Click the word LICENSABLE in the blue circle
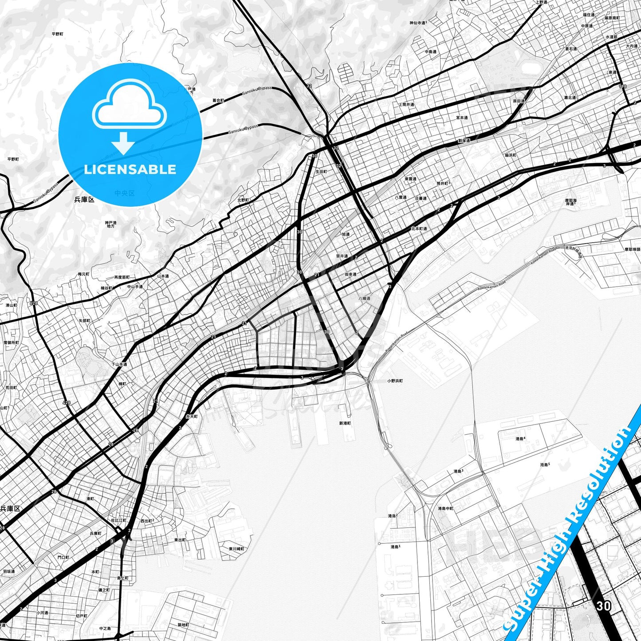pyautogui.click(x=130, y=169)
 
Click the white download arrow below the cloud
pyautogui.click(x=123, y=143)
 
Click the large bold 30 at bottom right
pyautogui.click(x=603, y=606)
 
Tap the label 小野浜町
pyautogui.click(x=395, y=381)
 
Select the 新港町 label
pyautogui.click(x=345, y=423)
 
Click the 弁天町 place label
pyautogui.click(x=191, y=417)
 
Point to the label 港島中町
pyautogui.click(x=445, y=508)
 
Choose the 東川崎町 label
pyautogui.click(x=237, y=549)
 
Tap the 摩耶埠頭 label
pyautogui.click(x=632, y=250)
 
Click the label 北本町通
pyautogui.click(x=419, y=229)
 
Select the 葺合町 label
pyautogui.click(x=218, y=101)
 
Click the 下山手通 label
pyautogui.click(x=119, y=365)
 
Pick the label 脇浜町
pyautogui.click(x=511, y=155)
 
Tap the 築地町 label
pyautogui.click(x=183, y=625)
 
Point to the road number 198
pyautogui.click(x=623, y=86)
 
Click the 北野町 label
pyautogui.click(x=243, y=200)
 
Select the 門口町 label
pyautogui.click(x=63, y=557)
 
